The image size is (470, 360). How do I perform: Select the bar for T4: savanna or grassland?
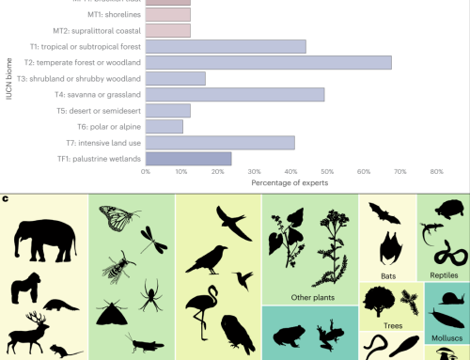pos(234,94)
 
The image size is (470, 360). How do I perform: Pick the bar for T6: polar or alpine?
pos(164,126)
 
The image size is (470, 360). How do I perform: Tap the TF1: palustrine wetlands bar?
pos(188,159)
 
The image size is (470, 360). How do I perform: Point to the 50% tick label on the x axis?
pos(326,172)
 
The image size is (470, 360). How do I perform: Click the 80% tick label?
pos(435,172)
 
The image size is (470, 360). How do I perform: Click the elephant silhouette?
pos(43,239)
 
